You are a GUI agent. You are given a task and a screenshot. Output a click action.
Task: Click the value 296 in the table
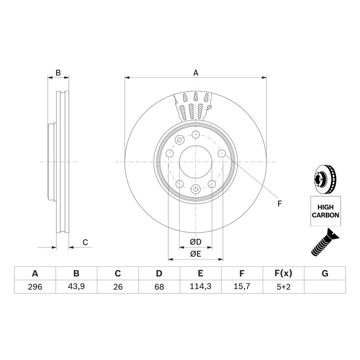(x=35, y=287)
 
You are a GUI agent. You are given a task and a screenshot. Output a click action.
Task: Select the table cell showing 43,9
(x=76, y=287)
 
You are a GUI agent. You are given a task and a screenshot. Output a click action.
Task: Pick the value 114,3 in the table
(x=200, y=287)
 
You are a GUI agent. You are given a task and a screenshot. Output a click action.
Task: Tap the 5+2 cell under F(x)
(x=283, y=287)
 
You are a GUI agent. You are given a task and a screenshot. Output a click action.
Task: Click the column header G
(x=325, y=274)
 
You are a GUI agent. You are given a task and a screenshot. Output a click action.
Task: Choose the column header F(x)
(x=283, y=274)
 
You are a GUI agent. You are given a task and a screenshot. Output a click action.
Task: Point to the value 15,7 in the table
(x=242, y=287)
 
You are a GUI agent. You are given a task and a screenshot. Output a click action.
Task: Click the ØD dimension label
(x=196, y=242)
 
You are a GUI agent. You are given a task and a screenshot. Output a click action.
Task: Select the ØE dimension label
(x=196, y=254)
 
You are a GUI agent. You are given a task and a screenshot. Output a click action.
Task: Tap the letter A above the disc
(x=196, y=73)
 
